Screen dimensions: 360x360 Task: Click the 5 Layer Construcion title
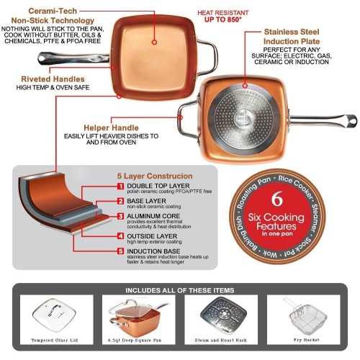click(x=154, y=176)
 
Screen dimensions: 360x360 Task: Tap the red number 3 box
click(x=121, y=216)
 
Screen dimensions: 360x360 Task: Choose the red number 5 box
click(x=121, y=251)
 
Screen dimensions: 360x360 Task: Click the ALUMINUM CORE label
click(x=154, y=215)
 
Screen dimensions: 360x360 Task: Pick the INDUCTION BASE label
click(x=154, y=250)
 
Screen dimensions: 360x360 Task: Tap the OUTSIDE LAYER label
click(x=153, y=234)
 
